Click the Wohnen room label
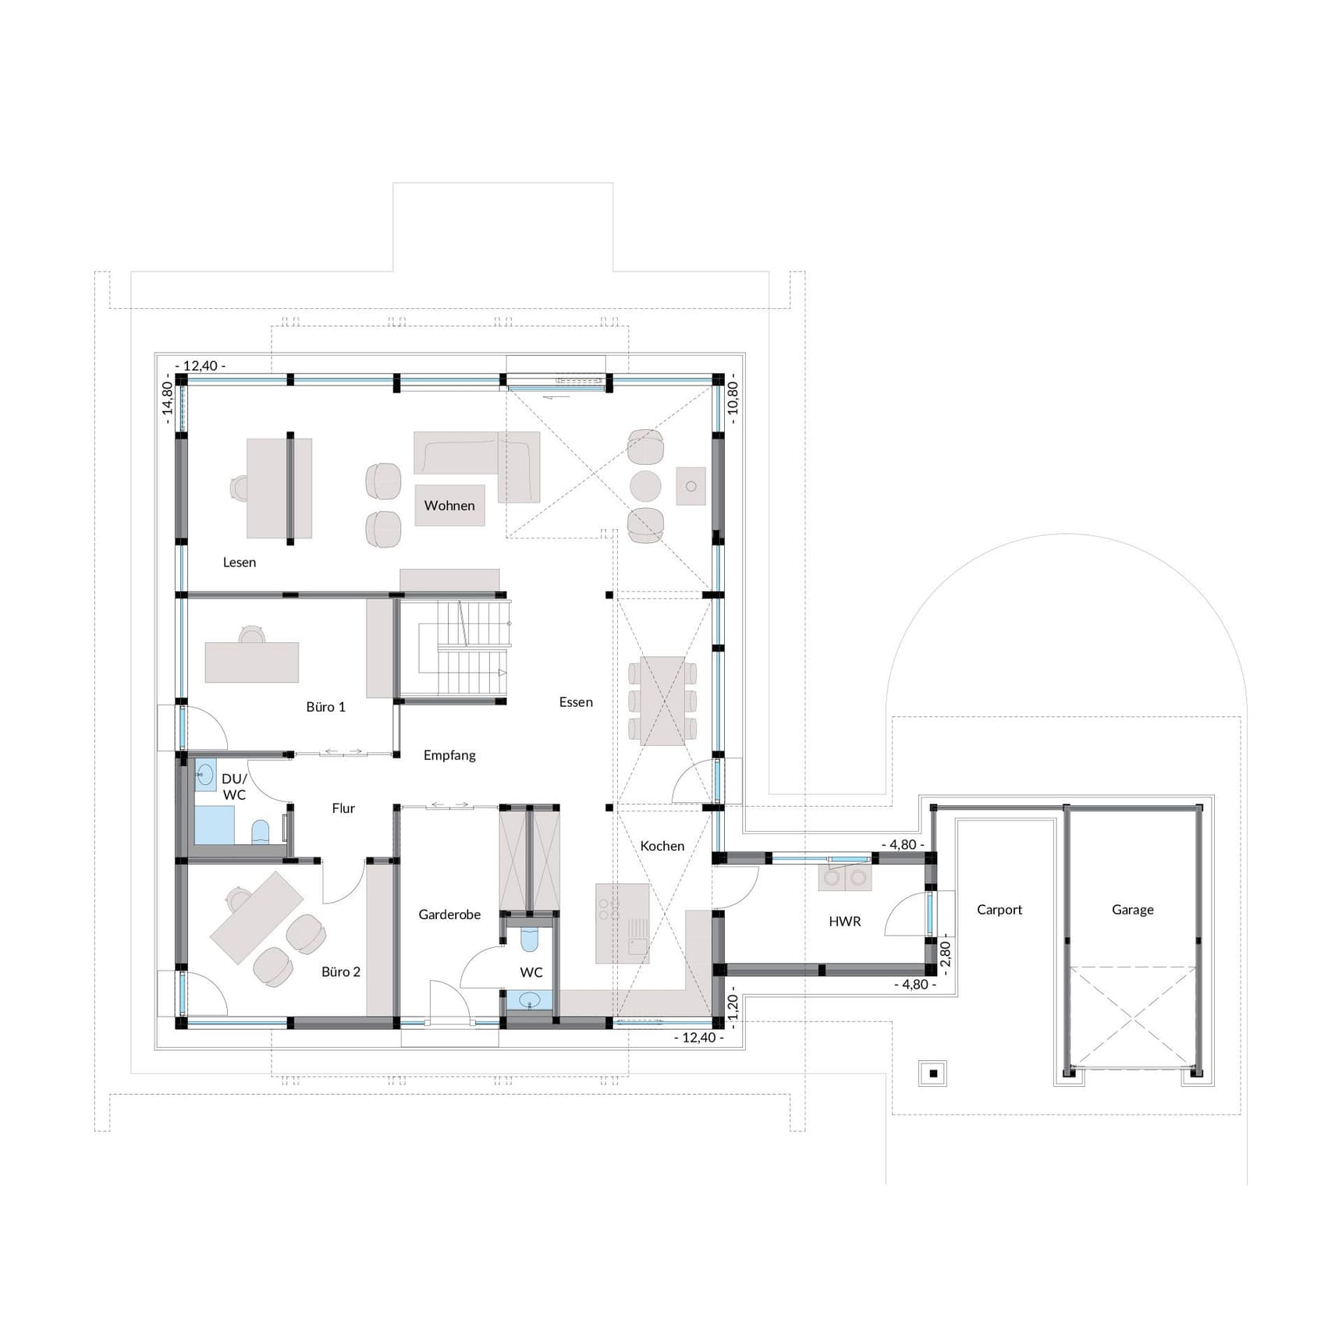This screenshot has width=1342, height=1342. (x=449, y=506)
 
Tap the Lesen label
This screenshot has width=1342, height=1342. (x=239, y=563)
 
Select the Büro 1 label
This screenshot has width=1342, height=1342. (x=325, y=707)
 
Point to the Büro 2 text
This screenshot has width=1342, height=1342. (x=341, y=972)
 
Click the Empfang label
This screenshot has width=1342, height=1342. (x=449, y=755)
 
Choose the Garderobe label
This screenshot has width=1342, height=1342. (x=449, y=914)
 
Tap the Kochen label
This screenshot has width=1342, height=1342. (x=662, y=846)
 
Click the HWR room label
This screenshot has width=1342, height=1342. (x=845, y=921)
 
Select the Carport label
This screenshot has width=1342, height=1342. (x=999, y=910)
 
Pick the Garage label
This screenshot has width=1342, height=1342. (x=1132, y=910)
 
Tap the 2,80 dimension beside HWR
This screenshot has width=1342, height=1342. (x=945, y=953)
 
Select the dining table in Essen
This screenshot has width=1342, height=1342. (x=662, y=701)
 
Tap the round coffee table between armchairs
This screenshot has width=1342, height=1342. (x=645, y=486)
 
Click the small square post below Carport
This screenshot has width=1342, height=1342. (x=933, y=1074)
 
